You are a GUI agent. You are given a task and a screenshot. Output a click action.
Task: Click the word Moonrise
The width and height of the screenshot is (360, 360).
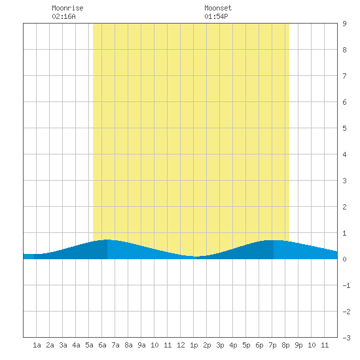(67, 8)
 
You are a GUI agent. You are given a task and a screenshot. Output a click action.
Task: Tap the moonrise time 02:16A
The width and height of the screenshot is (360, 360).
(63, 16)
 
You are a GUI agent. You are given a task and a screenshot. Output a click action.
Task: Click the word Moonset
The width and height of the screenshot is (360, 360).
(218, 8)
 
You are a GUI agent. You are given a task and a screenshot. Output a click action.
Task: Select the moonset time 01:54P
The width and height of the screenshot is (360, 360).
(216, 16)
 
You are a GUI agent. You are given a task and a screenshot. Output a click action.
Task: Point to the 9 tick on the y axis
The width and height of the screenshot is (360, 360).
(344, 24)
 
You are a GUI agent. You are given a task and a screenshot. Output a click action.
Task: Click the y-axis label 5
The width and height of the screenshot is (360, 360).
(344, 128)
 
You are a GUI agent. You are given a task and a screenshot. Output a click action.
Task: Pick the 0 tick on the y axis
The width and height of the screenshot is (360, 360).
(344, 259)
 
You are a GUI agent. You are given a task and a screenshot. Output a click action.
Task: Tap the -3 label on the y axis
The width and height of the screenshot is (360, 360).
(346, 338)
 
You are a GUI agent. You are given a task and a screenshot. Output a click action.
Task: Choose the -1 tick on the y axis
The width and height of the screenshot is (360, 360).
(346, 285)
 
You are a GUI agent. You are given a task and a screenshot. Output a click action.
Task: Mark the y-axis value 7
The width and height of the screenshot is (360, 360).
(344, 76)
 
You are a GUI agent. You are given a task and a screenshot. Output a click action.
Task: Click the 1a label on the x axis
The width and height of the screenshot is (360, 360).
(37, 345)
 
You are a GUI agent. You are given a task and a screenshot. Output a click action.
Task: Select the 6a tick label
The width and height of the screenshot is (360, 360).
(102, 345)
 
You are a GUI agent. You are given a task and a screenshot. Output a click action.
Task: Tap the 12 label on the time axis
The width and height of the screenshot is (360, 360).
(181, 345)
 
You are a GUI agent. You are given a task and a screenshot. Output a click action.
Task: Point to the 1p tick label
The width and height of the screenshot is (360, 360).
(194, 345)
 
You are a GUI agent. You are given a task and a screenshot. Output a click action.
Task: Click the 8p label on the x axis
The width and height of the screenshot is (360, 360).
(285, 345)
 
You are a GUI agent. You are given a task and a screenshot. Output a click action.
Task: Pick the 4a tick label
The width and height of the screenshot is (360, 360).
(76, 345)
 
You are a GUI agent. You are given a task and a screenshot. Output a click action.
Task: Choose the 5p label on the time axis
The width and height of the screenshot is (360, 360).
(246, 345)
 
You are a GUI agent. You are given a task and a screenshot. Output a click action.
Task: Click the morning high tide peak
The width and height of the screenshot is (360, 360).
(107, 240)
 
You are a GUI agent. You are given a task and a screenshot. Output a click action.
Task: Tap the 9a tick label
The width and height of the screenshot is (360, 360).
(141, 345)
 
